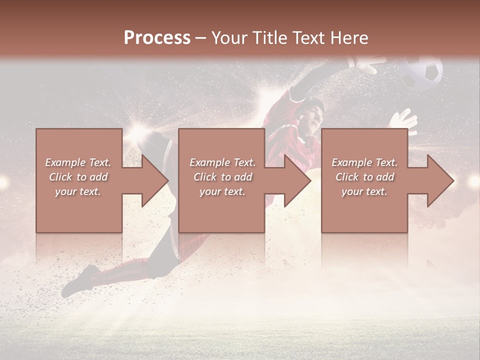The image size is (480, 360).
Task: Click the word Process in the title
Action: tap(157, 38)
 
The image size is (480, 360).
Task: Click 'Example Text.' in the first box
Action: tap(78, 162)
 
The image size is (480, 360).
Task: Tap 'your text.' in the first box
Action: tap(78, 191)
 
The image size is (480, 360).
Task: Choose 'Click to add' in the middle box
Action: tap(222, 177)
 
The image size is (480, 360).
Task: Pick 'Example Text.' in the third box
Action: tap(364, 162)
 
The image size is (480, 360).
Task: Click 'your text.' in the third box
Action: tap(364, 191)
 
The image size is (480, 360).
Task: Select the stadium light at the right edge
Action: tap(472, 182)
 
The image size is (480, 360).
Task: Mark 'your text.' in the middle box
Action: tap(222, 191)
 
